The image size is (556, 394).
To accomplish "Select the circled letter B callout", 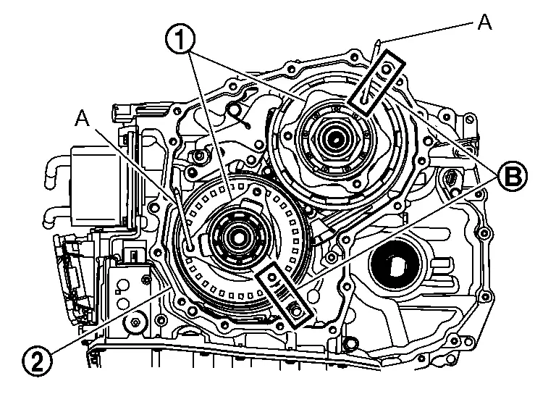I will pyautogui.click(x=511, y=175).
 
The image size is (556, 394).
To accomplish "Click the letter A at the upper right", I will pyautogui.click(x=485, y=22).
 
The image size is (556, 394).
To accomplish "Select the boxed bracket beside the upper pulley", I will pyautogui.click(x=375, y=80).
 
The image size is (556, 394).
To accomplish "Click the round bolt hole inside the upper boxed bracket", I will pyautogui.click(x=386, y=70).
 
